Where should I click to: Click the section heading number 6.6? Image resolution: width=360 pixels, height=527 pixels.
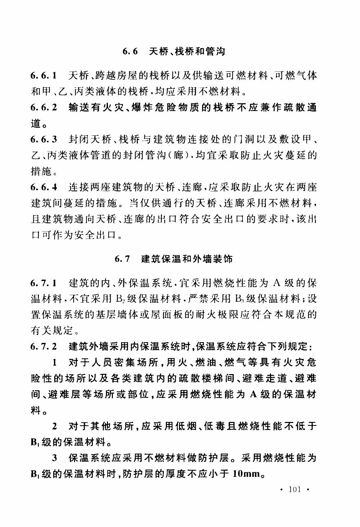[130, 52]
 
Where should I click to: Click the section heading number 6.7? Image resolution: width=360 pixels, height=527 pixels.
[122, 259]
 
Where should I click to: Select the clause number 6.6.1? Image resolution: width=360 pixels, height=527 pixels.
[44, 76]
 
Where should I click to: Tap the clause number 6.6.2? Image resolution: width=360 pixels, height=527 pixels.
[44, 108]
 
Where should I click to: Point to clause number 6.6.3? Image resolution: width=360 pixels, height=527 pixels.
[44, 139]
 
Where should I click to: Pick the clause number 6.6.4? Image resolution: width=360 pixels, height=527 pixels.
[44, 187]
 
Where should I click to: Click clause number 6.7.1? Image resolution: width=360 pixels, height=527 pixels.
[44, 283]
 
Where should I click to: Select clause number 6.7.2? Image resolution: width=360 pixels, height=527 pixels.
[44, 347]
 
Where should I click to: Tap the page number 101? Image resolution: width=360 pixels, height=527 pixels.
[295, 489]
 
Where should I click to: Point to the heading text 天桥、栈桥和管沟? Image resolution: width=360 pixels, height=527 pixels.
[187, 52]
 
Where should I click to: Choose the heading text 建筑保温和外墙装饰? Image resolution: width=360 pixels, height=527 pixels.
[187, 259]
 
